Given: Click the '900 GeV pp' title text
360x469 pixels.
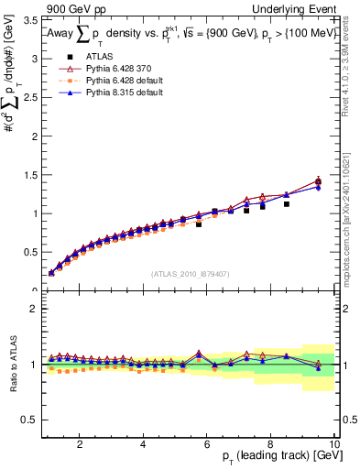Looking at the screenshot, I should click(75, 7).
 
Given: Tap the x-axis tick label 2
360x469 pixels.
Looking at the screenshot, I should click(80, 444).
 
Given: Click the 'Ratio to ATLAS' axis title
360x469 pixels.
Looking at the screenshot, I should click(11, 364).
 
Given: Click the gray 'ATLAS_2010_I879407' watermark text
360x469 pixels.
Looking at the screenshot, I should click(190, 272).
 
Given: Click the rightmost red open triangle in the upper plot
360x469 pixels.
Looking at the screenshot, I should click(318, 180).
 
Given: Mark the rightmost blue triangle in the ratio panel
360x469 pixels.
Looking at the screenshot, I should click(318, 368).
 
